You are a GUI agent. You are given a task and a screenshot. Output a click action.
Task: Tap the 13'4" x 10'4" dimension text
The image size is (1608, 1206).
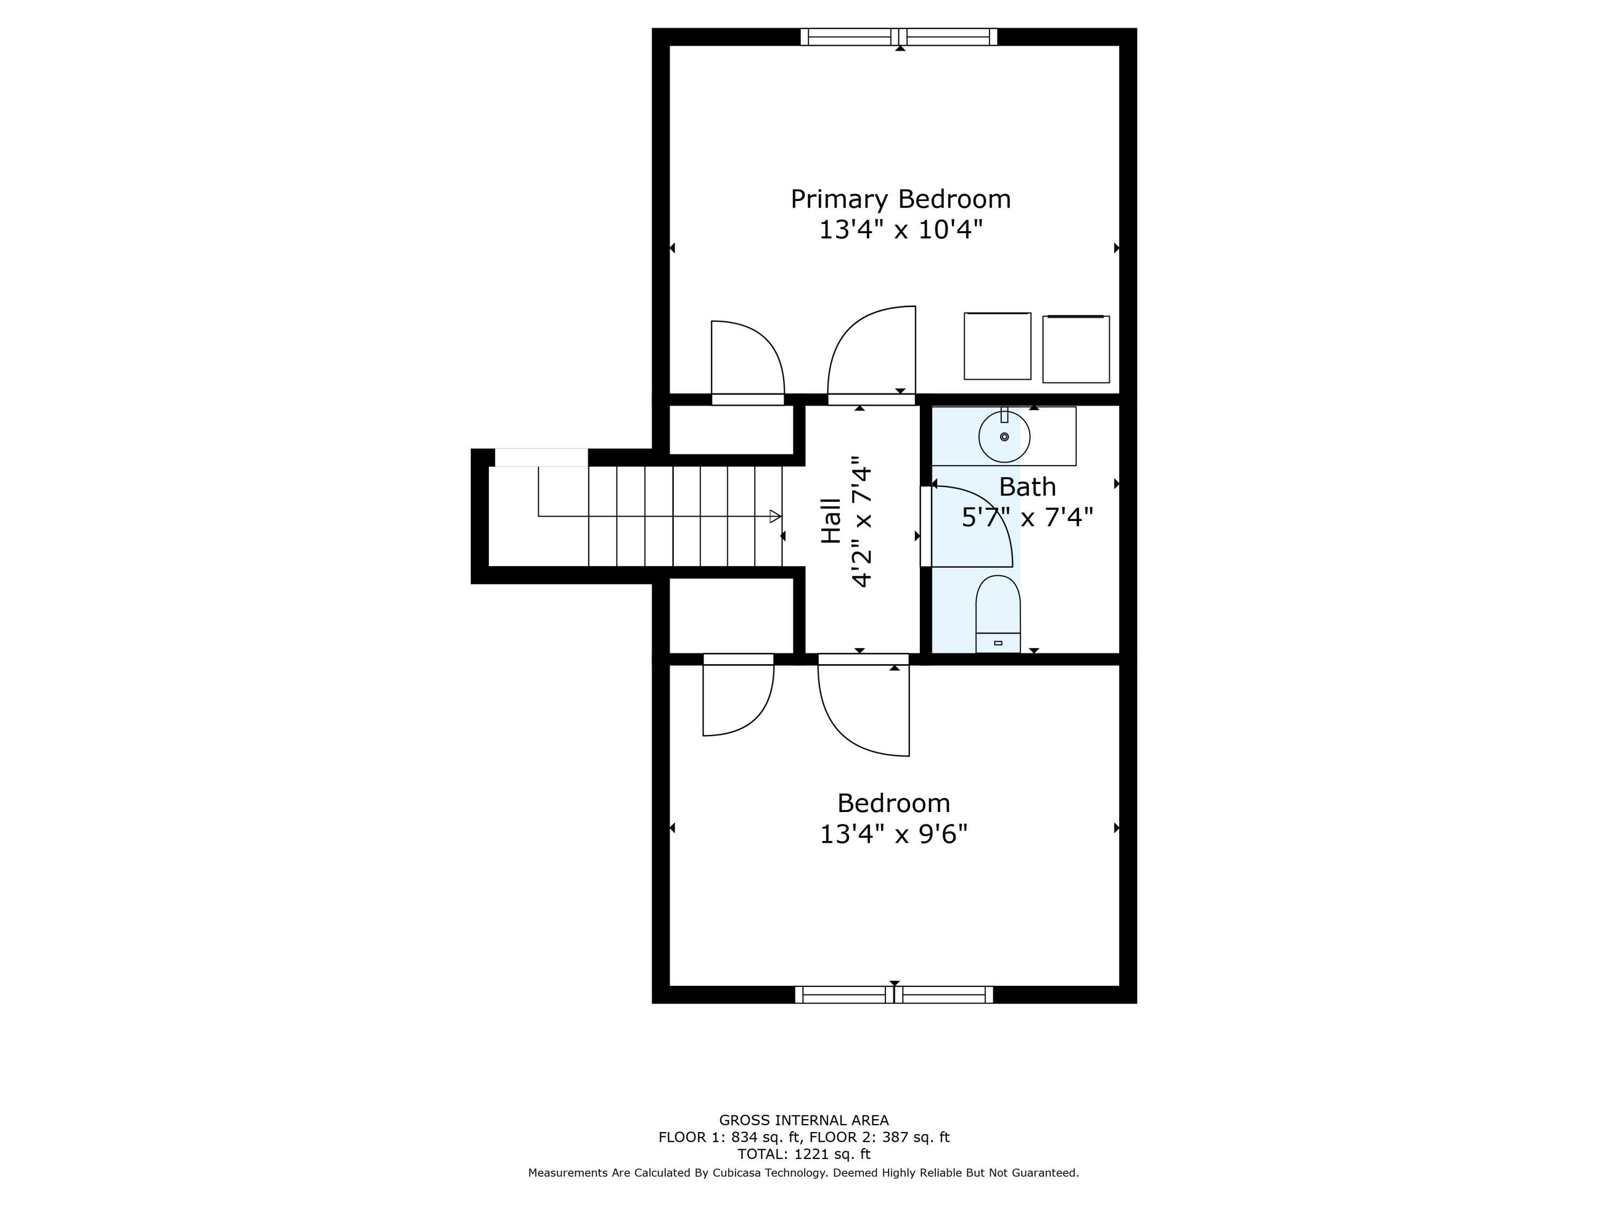point(900,230)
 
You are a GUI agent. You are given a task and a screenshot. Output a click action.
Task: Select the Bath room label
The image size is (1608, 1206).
point(1026,486)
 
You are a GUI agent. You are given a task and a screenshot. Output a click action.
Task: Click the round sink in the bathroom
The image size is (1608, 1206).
point(1004,436)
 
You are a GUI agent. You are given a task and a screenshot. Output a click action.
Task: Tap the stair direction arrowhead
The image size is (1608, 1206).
point(775,516)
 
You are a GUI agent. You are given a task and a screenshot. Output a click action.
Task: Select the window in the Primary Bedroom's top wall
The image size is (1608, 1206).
point(899,37)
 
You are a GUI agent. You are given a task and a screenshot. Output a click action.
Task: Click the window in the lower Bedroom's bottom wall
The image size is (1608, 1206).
point(894,994)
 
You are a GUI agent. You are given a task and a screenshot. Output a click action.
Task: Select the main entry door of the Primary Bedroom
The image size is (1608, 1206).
point(871,353)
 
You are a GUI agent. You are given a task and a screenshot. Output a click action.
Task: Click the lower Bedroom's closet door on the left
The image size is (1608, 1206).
point(738,698)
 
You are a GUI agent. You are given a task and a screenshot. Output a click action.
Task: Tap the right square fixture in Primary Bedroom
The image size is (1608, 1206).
point(1075,349)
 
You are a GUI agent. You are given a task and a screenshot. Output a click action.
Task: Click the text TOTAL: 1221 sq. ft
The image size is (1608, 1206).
point(803,1153)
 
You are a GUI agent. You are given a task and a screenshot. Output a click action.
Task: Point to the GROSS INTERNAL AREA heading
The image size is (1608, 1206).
point(803,1120)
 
